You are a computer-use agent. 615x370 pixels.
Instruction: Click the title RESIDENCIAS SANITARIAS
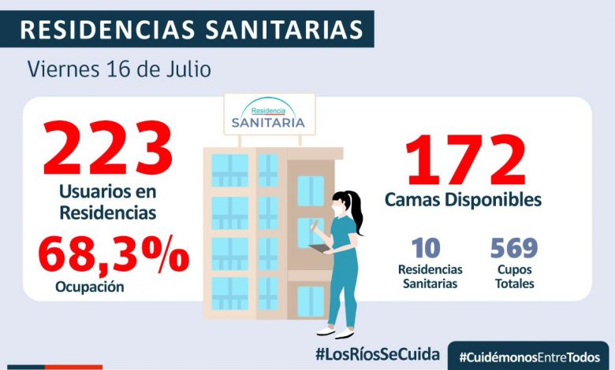point(192,29)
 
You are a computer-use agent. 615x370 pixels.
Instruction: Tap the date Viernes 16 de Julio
point(119,69)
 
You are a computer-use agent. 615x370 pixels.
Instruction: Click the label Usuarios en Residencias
point(107,202)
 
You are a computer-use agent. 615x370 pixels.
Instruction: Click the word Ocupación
point(90,287)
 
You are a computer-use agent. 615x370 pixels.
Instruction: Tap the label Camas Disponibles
point(463,200)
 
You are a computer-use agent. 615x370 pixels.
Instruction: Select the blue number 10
point(427,248)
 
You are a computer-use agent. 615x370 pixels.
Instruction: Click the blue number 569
point(513,248)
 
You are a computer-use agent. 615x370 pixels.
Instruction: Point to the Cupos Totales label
point(514,276)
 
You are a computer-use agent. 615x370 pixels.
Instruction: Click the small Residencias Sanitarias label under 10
point(430,276)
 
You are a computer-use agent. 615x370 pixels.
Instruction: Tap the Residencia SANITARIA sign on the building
point(269,116)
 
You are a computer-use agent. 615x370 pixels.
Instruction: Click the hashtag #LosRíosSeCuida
point(377,353)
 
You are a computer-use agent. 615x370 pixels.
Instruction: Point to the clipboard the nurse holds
point(321,249)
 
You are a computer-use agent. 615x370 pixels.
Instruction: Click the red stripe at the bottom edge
point(73,367)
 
